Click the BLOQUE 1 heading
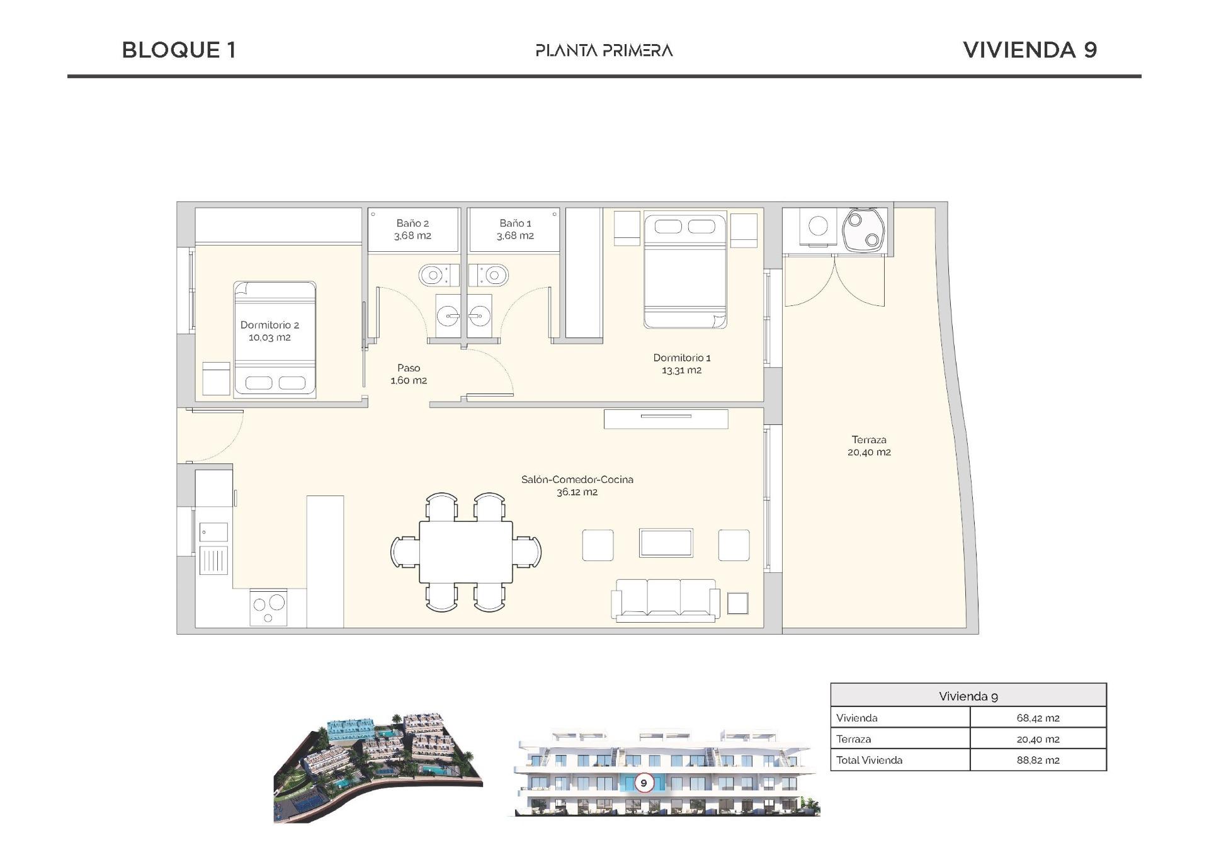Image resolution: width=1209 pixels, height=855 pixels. pyautogui.click(x=179, y=50)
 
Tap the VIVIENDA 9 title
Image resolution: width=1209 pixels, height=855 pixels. pyautogui.click(x=1030, y=50)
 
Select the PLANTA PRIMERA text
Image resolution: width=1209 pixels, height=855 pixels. pyautogui.click(x=604, y=50)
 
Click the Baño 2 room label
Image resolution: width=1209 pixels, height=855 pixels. pyautogui.click(x=412, y=224)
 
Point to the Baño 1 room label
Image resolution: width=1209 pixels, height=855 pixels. pyautogui.click(x=515, y=224)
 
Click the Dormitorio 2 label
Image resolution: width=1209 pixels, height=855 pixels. pyautogui.click(x=270, y=325)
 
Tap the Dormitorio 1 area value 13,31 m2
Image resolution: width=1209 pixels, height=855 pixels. pyautogui.click(x=681, y=370)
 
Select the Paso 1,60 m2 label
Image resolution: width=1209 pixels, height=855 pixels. pyautogui.click(x=409, y=374)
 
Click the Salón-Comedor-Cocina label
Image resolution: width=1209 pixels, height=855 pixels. pyautogui.click(x=577, y=480)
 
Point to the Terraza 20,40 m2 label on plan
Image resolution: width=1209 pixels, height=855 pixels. pyautogui.click(x=869, y=446)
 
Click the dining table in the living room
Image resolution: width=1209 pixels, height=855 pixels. pyautogui.click(x=465, y=552)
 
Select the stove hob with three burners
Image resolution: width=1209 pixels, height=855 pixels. pyautogui.click(x=268, y=607)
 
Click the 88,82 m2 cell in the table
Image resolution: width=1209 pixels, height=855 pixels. pyautogui.click(x=1037, y=760)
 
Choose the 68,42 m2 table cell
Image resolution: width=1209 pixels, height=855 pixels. pyautogui.click(x=1037, y=718)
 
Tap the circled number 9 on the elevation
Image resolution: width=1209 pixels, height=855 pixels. pyautogui.click(x=644, y=783)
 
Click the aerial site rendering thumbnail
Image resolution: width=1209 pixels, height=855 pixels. pyautogui.click(x=378, y=768)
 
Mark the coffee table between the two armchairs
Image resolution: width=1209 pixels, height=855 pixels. pyautogui.click(x=666, y=543)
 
